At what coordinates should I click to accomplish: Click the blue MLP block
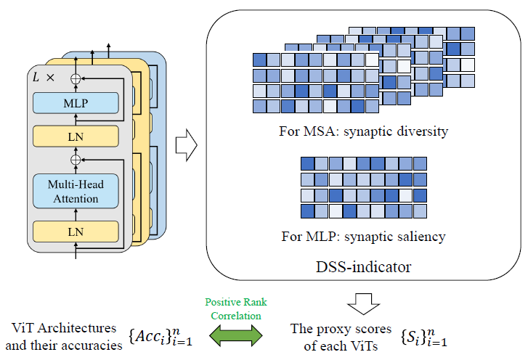click(75, 103)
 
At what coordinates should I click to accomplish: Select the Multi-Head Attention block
click(75, 191)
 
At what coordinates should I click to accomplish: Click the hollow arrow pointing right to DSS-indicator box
click(188, 145)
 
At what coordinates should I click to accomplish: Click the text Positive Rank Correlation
click(236, 308)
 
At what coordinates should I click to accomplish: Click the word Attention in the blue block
click(75, 198)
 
